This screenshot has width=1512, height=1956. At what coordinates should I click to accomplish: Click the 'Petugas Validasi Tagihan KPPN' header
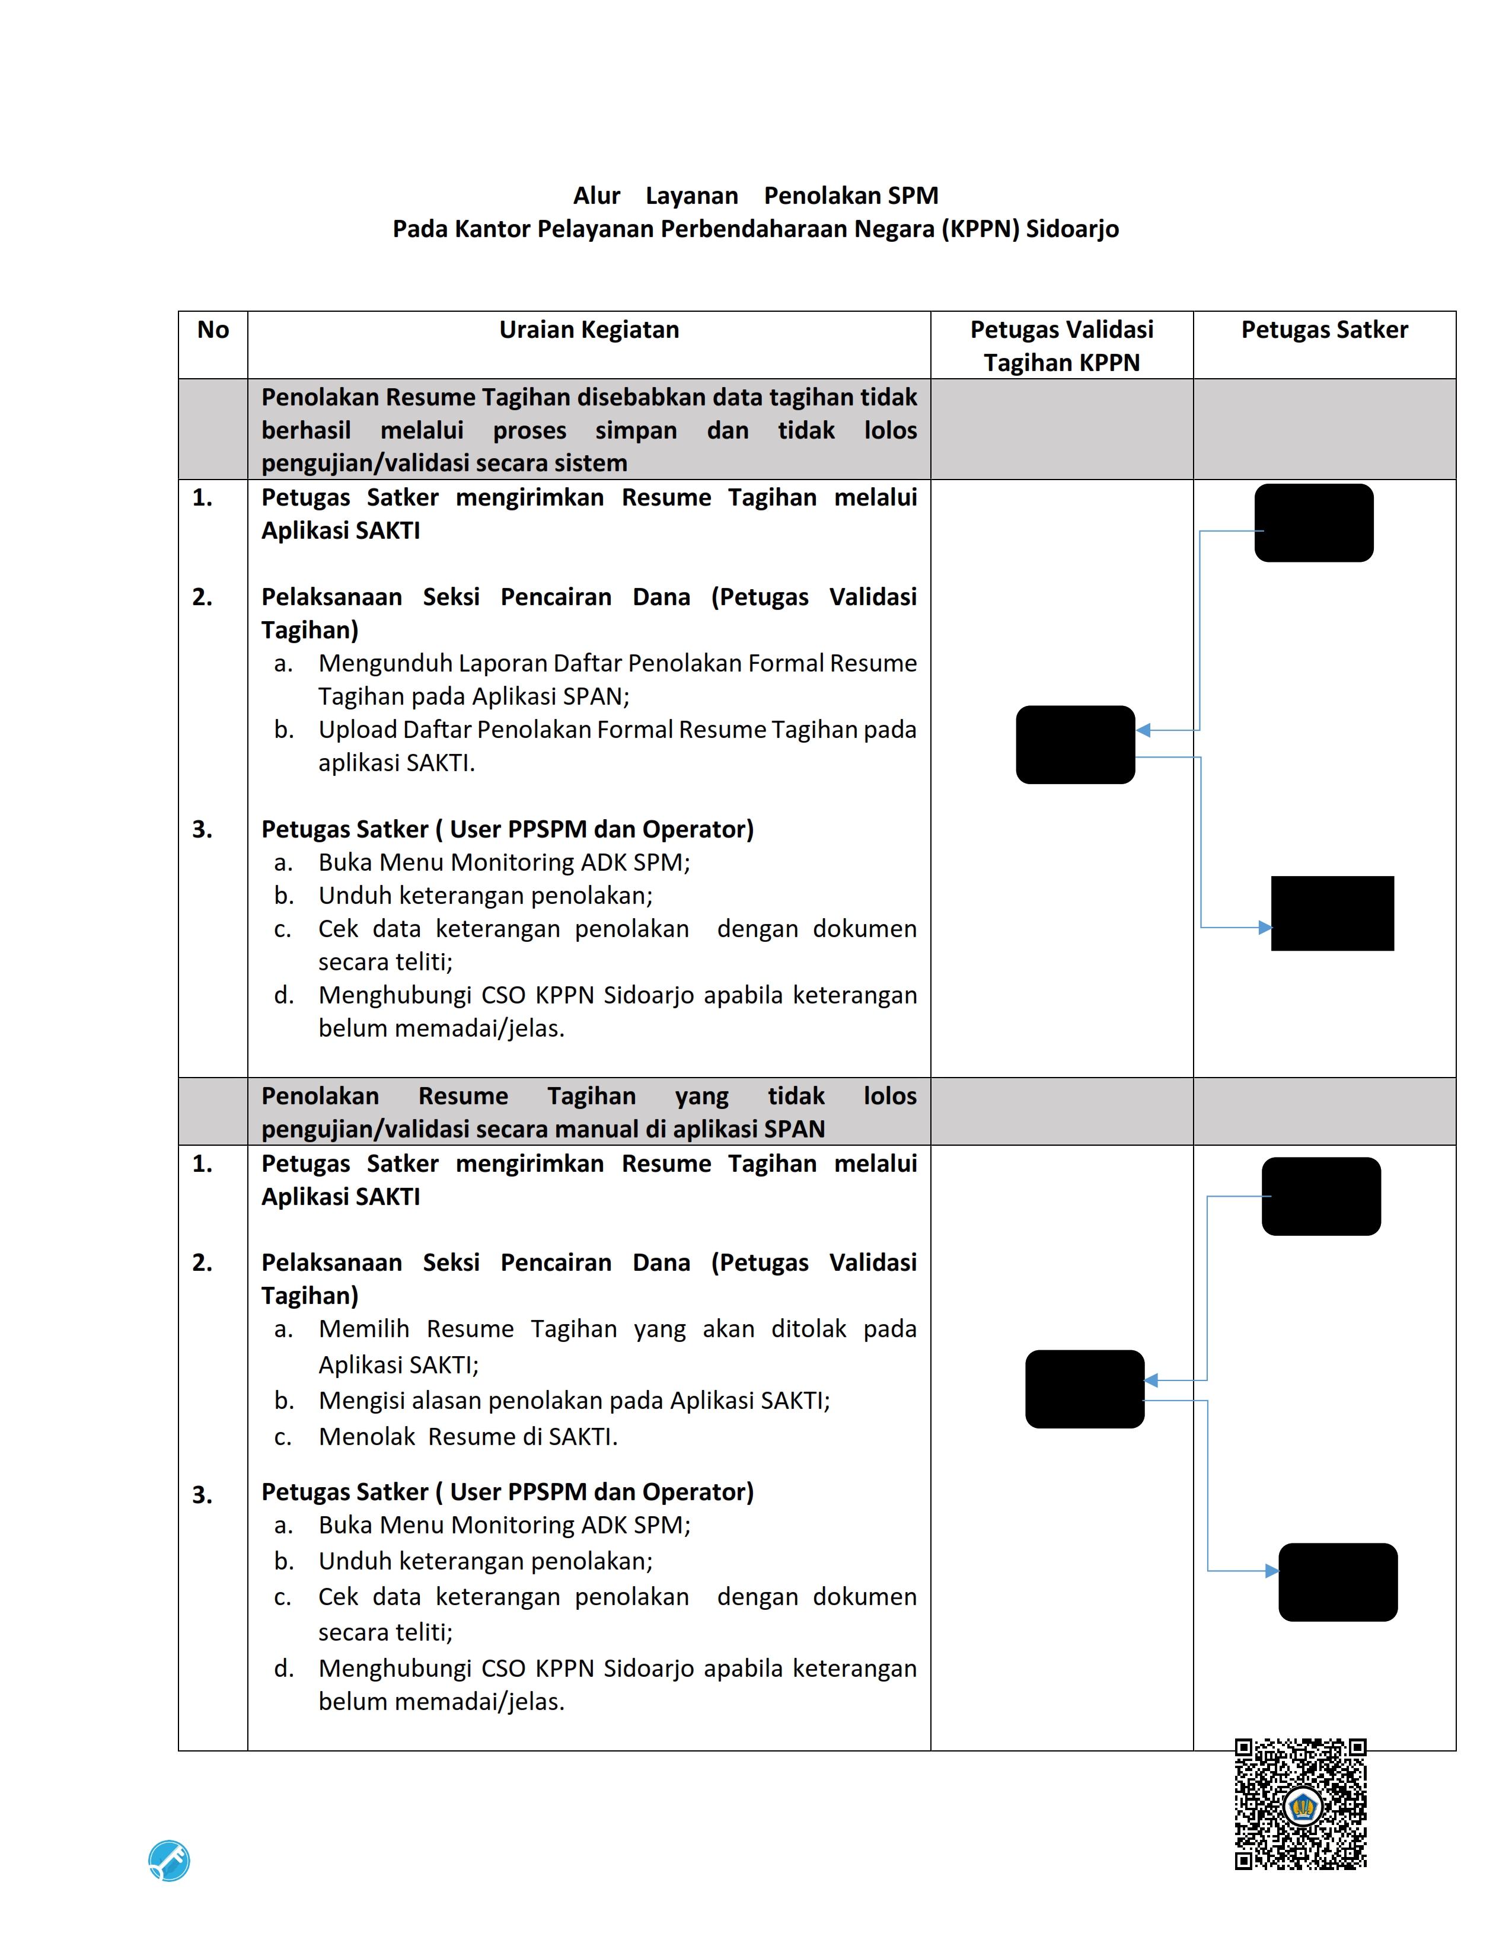[1061, 346]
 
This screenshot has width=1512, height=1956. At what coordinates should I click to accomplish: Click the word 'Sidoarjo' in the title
[1072, 229]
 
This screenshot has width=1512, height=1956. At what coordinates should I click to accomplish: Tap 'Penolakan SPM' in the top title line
[851, 195]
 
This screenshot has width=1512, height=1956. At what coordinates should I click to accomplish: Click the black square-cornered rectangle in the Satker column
[1332, 913]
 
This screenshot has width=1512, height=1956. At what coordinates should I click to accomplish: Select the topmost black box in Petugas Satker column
[1313, 523]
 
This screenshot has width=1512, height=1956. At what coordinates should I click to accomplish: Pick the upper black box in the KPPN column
[1075, 744]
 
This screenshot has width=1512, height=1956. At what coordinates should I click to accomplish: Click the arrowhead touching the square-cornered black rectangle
[1265, 927]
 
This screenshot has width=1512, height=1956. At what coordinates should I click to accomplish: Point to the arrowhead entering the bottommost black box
[1272, 1570]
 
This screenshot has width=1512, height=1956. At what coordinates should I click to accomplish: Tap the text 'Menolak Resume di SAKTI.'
[468, 1437]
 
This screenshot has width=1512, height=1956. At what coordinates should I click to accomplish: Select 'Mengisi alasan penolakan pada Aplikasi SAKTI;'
[574, 1400]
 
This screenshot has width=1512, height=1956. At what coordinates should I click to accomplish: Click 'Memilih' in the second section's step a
[363, 1328]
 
